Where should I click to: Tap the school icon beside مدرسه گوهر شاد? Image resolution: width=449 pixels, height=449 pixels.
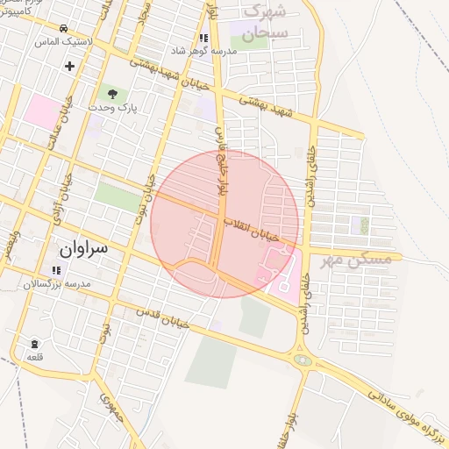tap(203, 38)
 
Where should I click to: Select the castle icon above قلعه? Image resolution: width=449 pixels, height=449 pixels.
tap(34, 343)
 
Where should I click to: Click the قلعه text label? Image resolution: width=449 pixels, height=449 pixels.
tap(34, 356)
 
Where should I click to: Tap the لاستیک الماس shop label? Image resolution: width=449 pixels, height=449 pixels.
tap(60, 41)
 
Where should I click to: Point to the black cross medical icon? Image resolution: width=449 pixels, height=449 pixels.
tap(69, 66)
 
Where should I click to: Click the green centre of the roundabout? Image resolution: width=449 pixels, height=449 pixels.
tap(303, 359)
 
